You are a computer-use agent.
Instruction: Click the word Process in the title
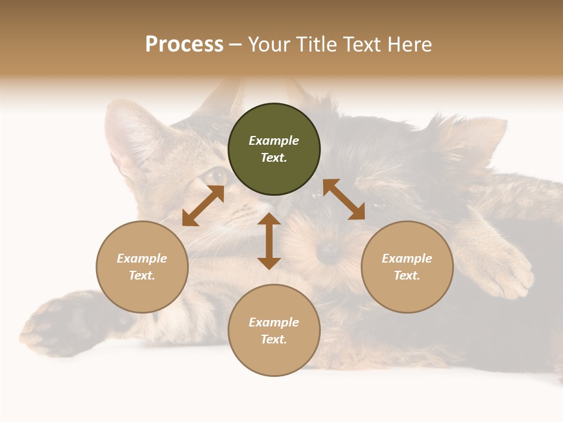[x=184, y=45]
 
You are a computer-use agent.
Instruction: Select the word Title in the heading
[x=316, y=45]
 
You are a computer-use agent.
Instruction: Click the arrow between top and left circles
[x=203, y=206]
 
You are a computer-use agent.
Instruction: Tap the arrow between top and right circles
[x=344, y=199]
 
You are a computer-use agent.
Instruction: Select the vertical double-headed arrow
[x=269, y=241]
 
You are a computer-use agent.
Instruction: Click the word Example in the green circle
[x=274, y=141]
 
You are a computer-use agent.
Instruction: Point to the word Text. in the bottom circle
[x=274, y=339]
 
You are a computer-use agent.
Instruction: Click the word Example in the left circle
[x=142, y=258]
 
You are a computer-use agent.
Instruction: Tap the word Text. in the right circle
[x=407, y=275]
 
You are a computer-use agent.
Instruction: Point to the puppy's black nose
[x=328, y=252]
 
